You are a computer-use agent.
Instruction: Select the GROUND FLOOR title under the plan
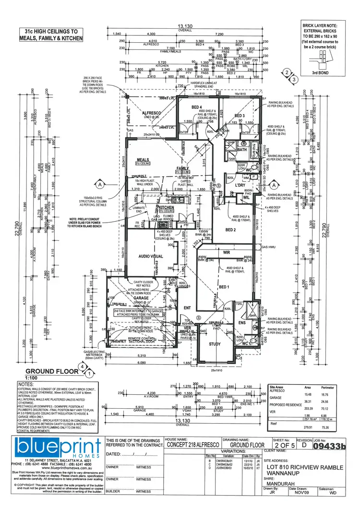(x=51, y=371)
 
